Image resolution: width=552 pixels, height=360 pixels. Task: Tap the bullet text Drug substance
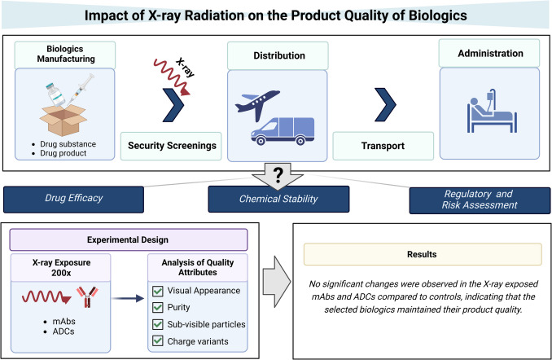(72, 144)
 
